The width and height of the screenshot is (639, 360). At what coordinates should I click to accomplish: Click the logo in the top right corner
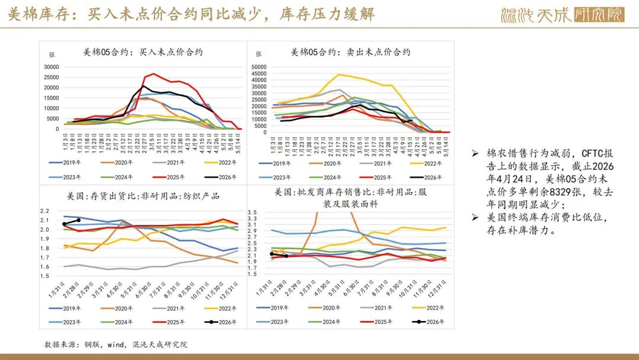point(562,14)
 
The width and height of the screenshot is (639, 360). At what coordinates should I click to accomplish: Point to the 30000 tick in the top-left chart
point(52,67)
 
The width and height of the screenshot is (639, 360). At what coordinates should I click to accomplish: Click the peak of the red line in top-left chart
point(154,74)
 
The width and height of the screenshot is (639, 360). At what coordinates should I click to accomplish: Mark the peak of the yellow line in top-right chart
point(338,75)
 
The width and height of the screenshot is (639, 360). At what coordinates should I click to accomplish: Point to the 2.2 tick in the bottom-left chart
point(45,211)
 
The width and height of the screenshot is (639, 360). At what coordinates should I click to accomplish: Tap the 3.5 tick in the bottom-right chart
point(252,212)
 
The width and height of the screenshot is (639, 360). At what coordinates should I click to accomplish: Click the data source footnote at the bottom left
point(115,344)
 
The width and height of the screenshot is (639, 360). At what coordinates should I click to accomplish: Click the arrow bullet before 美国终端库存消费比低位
point(475,217)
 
